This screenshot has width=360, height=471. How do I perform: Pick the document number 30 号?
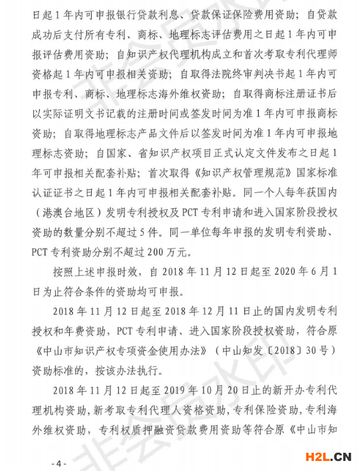(x=306, y=348)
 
